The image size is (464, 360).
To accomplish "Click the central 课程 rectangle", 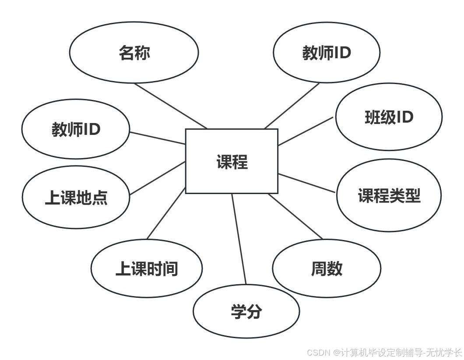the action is [x=232, y=161].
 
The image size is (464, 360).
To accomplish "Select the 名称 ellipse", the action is [x=134, y=53].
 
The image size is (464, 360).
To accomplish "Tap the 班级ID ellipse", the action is [x=389, y=116].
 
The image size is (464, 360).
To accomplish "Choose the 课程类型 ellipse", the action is [x=389, y=196].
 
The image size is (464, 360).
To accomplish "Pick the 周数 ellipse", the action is [x=327, y=268].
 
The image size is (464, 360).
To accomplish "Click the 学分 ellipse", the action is [x=246, y=311].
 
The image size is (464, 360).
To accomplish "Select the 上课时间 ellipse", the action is [x=147, y=268].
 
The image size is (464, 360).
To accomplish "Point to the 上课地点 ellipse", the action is [x=76, y=198].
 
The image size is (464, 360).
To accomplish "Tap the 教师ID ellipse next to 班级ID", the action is [x=326, y=53].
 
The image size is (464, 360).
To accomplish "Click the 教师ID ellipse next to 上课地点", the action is [x=76, y=129].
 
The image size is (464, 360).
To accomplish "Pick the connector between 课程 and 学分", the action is [x=239, y=239].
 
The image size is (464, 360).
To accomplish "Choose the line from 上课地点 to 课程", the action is [x=158, y=178].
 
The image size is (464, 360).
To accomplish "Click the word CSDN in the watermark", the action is [x=318, y=353].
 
